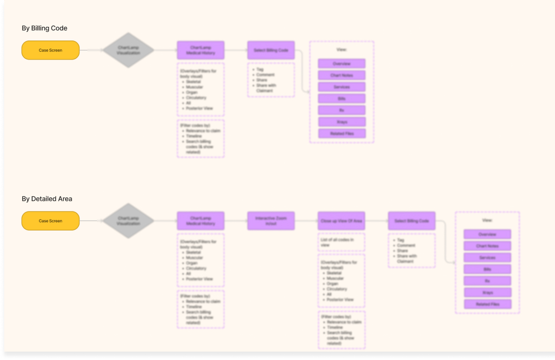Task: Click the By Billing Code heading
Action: [x=44, y=28]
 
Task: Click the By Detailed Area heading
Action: [x=47, y=199]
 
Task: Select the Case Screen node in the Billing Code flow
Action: [x=51, y=51]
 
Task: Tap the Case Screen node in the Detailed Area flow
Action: [x=51, y=221]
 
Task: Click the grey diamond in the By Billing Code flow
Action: [x=128, y=51]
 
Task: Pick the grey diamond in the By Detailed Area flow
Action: [x=128, y=221]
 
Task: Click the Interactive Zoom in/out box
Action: [x=271, y=221]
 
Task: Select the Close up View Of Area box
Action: [x=341, y=221]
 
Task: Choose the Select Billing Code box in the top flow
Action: [x=271, y=51]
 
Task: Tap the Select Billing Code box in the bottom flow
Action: [x=412, y=221]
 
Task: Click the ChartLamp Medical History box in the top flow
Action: [x=201, y=51]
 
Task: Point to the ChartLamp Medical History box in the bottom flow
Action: [x=201, y=221]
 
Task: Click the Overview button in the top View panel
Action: [x=342, y=64]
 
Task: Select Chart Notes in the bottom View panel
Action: [x=488, y=246]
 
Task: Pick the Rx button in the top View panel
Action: [x=342, y=111]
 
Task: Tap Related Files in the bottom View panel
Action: [x=488, y=304]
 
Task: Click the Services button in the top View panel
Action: [x=342, y=87]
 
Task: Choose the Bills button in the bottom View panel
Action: [x=488, y=269]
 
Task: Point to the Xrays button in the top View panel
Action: [x=342, y=122]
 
